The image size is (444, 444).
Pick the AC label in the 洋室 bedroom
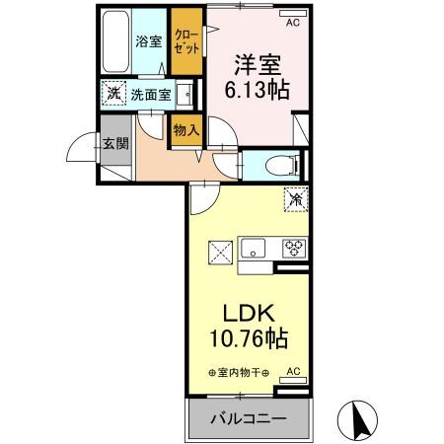pyautogui.click(x=291, y=20)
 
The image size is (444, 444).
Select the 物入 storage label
pyautogui.click(x=185, y=129)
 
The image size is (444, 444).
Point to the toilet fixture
pyautogui.click(x=278, y=165)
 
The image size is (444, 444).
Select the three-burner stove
pyautogui.click(x=293, y=249)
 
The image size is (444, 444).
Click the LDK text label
pyautogui.click(x=247, y=315)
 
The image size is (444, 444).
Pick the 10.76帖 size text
pyautogui.click(x=247, y=340)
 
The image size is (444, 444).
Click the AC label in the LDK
pyautogui.click(x=292, y=372)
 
